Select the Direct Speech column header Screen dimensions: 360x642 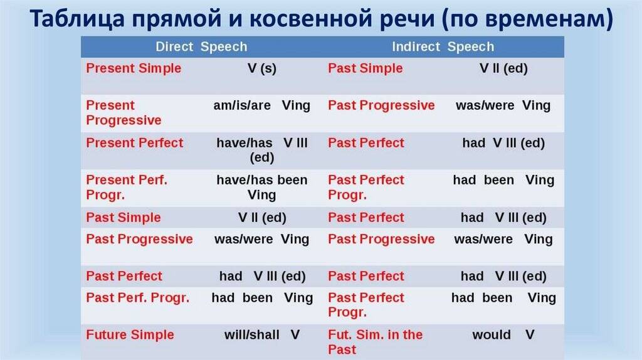pyautogui.click(x=201, y=47)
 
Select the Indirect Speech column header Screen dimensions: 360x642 pyautogui.click(x=443, y=47)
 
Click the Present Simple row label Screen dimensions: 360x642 pyautogui.click(x=134, y=68)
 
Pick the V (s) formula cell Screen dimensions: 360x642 pyautogui.click(x=261, y=68)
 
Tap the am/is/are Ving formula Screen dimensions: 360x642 pyautogui.click(x=261, y=105)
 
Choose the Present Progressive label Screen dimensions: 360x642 pyautogui.click(x=124, y=113)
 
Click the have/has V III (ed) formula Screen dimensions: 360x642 pyautogui.click(x=262, y=150)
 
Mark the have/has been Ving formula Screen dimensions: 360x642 pyautogui.click(x=262, y=188)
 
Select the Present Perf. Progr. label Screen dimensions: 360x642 pyautogui.click(x=127, y=188)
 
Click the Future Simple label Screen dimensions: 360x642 pyautogui.click(x=130, y=334)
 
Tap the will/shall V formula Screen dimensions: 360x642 pyautogui.click(x=262, y=334)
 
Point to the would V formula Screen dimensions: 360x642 pyautogui.click(x=503, y=334)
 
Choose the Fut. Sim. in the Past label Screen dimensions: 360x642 pyautogui.click(x=375, y=342)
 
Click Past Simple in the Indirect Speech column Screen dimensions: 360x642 pyautogui.click(x=365, y=68)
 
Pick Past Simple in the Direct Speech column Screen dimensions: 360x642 pyautogui.click(x=123, y=218)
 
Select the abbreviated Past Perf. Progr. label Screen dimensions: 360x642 pyautogui.click(x=137, y=298)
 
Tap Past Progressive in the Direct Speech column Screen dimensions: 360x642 pyautogui.click(x=139, y=239)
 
